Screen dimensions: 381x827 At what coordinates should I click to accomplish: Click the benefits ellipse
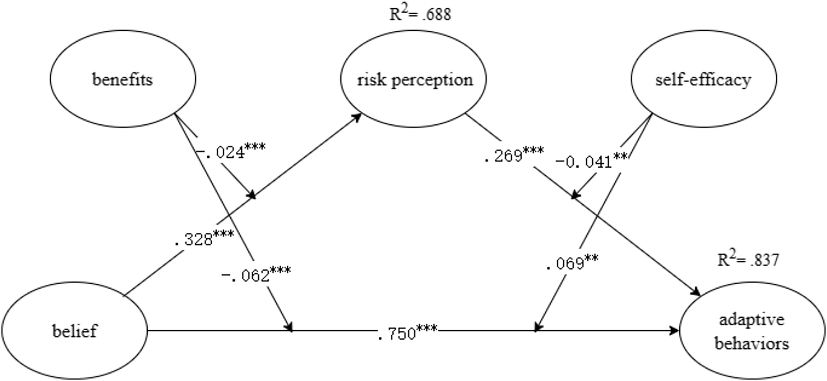point(123,80)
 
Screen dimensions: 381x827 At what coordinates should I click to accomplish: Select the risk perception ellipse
point(414,80)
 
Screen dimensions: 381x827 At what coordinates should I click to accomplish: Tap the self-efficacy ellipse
point(703,80)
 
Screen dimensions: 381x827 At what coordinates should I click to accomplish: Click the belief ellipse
point(74,331)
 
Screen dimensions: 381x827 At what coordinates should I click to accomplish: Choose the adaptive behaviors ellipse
point(753,331)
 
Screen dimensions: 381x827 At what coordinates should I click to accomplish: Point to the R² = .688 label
point(420,14)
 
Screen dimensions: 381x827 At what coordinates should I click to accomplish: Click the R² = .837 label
point(748,260)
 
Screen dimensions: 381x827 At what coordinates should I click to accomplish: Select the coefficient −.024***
point(231,151)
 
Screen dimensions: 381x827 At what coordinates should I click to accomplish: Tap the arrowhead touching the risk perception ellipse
point(358,117)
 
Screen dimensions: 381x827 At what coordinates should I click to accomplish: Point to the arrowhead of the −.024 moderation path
point(252,195)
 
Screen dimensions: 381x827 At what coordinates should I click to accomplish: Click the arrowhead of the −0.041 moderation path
point(574,195)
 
